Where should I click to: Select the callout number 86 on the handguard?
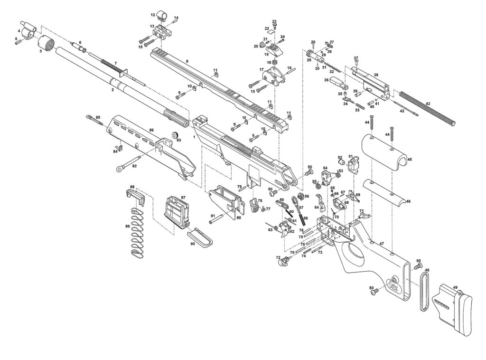pyautogui.click(x=151, y=130)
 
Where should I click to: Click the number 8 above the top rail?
pyautogui.click(x=187, y=61)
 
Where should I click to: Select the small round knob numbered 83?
pyautogui.click(x=176, y=134)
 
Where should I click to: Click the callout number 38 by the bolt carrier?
pyautogui.click(x=376, y=75)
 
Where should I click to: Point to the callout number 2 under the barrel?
pyautogui.click(x=113, y=90)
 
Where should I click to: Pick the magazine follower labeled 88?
pyautogui.click(x=136, y=198)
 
